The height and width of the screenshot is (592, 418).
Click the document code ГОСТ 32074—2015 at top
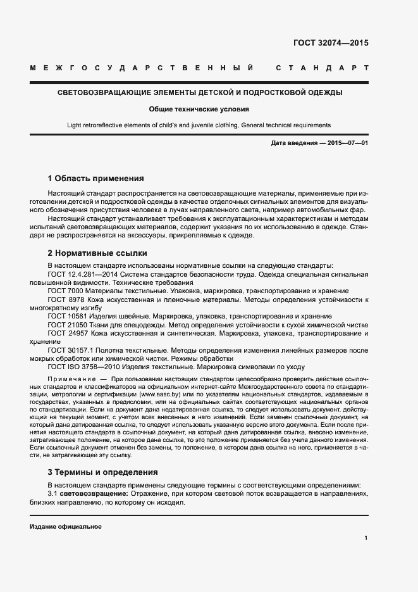click(331, 43)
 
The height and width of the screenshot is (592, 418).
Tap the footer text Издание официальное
click(66, 527)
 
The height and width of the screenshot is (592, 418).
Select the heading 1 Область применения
click(96, 179)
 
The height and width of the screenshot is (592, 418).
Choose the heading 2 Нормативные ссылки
click(97, 253)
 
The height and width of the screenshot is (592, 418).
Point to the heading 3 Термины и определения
click(103, 472)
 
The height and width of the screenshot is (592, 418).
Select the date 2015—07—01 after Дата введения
click(348, 143)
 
